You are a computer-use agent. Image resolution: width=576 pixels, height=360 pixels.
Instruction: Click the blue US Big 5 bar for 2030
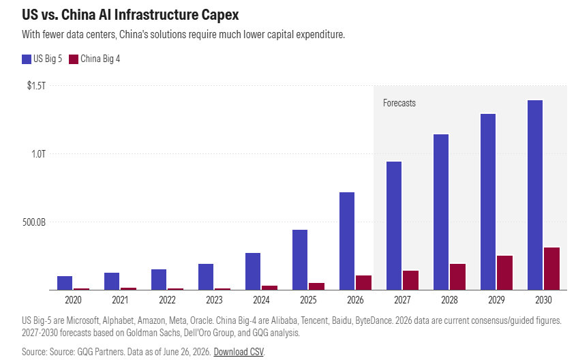(535, 195)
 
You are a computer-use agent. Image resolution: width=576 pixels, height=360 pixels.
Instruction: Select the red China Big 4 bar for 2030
(551, 269)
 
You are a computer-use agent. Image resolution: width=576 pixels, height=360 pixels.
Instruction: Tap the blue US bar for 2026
(347, 241)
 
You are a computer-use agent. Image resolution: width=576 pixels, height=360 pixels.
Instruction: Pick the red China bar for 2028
(457, 277)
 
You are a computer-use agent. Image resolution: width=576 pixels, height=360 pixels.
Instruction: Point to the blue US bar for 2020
(65, 283)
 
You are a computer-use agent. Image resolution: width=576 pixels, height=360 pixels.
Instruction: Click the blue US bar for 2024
(253, 271)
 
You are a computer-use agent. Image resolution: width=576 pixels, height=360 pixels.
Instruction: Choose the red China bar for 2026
(364, 283)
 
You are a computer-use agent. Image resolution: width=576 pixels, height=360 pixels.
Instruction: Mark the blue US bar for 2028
(441, 212)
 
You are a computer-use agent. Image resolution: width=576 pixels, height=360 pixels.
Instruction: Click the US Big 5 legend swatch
(27, 59)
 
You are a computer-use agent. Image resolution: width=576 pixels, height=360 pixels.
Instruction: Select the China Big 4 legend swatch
(74, 59)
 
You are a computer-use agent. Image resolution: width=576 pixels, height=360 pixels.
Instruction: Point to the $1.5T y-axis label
(36, 86)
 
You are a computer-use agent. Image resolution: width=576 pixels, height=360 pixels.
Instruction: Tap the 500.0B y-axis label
(34, 222)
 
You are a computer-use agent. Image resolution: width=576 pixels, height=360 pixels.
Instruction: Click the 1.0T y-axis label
(38, 154)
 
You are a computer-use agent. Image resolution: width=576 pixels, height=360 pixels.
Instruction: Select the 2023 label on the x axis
(214, 300)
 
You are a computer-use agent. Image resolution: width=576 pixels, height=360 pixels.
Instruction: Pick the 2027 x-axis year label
(402, 300)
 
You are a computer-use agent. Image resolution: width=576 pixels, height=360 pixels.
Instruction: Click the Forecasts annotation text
(399, 103)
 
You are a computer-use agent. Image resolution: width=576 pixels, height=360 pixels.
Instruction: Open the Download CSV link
(239, 352)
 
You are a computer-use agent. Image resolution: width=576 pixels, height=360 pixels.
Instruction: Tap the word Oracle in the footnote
(201, 320)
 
